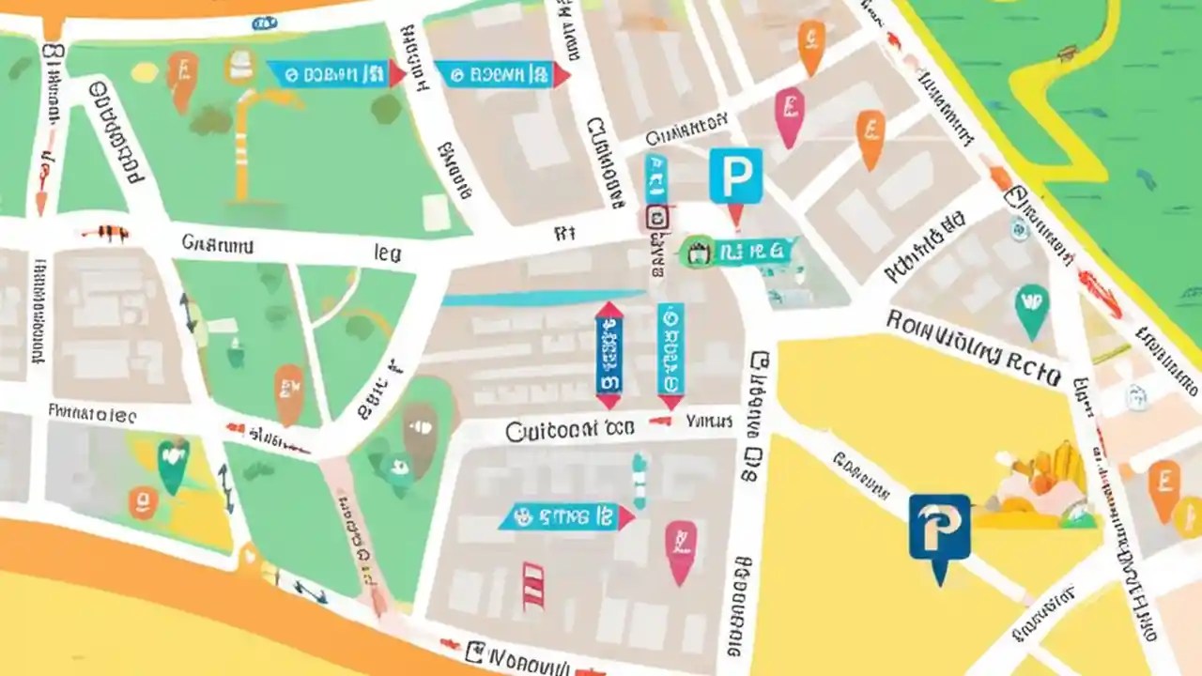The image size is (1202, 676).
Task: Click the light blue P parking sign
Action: (x=735, y=176)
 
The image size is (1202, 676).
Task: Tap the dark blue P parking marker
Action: (x=939, y=529)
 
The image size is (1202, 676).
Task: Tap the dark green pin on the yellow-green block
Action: (x=172, y=464)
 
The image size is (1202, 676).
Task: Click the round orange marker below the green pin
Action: (x=143, y=503)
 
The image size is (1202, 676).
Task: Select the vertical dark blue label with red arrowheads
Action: (x=609, y=355)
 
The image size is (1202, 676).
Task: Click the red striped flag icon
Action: (x=533, y=585)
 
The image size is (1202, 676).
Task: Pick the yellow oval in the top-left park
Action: (x=144, y=72)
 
